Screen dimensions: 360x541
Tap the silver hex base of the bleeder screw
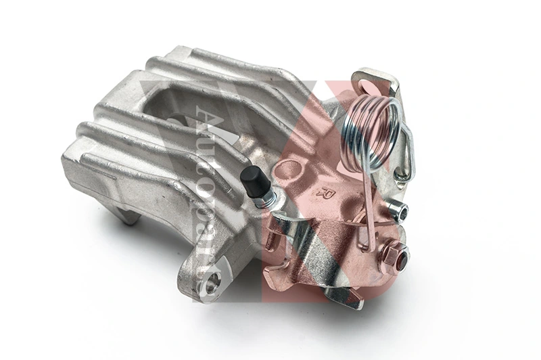(266, 197)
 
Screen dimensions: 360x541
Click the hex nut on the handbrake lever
(394, 255)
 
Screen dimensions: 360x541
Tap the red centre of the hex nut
(398, 258)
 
